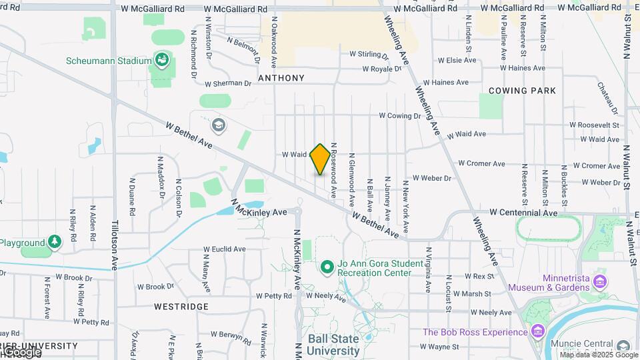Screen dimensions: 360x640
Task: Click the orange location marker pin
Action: (x=320, y=159)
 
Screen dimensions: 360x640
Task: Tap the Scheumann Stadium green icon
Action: (x=161, y=61)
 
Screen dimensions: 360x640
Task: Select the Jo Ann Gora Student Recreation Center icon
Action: (x=327, y=268)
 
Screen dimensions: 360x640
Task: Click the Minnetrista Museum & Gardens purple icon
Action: (x=600, y=281)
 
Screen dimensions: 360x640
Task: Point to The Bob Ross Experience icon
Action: (x=538, y=332)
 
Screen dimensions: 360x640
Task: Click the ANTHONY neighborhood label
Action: (x=281, y=78)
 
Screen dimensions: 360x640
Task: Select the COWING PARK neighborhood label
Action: (x=522, y=90)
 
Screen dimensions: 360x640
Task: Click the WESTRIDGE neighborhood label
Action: (x=181, y=307)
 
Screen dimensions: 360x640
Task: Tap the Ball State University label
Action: (x=333, y=344)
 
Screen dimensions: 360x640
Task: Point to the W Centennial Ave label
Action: (x=523, y=213)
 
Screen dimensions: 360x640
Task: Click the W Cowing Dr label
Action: (x=400, y=115)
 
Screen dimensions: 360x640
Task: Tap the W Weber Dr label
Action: (x=432, y=178)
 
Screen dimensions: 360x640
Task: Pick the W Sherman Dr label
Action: (x=228, y=84)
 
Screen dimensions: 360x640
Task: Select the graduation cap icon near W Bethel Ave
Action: (x=218, y=125)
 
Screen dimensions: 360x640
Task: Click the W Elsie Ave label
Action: (x=457, y=60)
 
